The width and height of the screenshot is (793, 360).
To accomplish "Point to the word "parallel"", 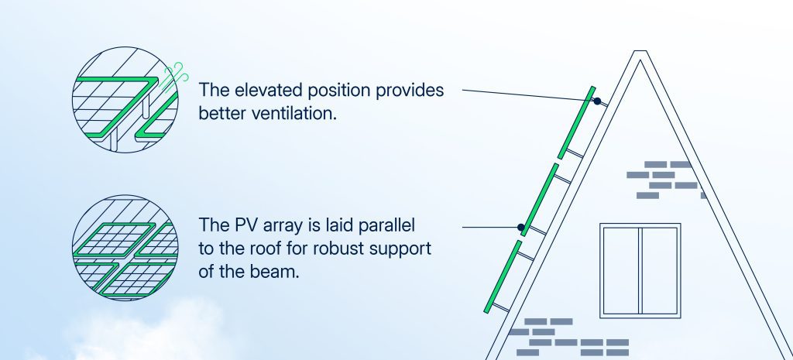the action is click(386, 225).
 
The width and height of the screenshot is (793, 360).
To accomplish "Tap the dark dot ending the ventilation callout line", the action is click(597, 101).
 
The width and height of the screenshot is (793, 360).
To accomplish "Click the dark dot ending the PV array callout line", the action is click(521, 228).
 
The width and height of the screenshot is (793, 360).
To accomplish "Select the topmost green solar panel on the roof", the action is click(576, 123).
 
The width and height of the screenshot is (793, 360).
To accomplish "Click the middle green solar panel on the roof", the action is click(540, 200).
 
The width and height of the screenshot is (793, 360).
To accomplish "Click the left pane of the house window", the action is click(620, 270).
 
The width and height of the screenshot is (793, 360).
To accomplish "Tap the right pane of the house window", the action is click(660, 270).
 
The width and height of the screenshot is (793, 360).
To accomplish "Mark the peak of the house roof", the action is click(640, 51).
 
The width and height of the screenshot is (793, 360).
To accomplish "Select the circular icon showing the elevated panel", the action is click(125, 100).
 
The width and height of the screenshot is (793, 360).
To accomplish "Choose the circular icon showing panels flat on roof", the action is click(125, 248).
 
